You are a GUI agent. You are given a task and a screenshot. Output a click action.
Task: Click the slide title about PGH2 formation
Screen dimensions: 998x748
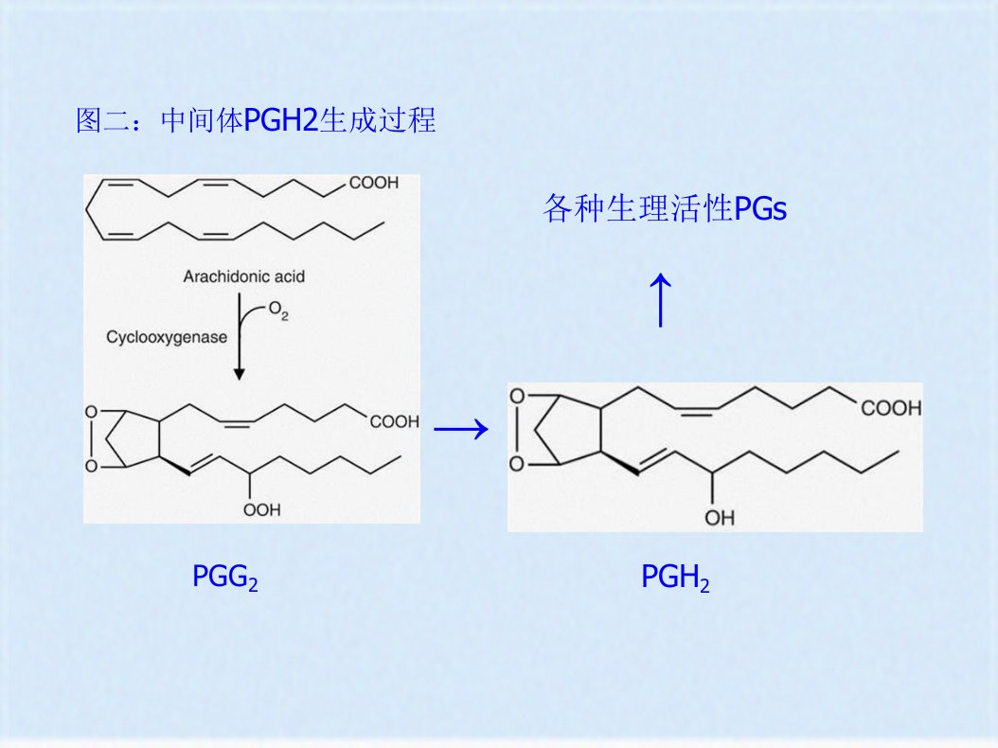point(256,119)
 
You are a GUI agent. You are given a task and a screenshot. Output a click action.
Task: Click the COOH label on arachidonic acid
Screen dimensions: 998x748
point(374,183)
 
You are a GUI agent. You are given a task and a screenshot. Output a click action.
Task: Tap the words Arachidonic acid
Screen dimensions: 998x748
point(243,276)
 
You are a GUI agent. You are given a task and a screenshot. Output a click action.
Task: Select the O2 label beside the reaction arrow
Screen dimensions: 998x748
point(278,310)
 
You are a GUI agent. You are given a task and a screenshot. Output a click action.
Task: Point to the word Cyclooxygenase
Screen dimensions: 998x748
point(167,337)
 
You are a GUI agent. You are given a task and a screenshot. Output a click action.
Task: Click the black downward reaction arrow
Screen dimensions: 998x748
point(240,336)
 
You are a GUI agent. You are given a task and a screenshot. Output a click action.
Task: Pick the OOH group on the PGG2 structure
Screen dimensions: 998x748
point(261,509)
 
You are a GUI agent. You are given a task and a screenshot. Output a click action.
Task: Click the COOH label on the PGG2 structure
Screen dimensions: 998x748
point(395,421)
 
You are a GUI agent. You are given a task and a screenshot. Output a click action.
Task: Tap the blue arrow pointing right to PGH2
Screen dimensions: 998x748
point(461,429)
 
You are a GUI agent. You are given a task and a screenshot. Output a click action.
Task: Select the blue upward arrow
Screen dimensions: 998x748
point(661,300)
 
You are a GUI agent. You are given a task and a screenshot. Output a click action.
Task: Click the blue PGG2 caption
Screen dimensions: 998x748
point(224,577)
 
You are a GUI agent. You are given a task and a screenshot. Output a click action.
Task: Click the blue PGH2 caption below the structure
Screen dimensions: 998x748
point(675,578)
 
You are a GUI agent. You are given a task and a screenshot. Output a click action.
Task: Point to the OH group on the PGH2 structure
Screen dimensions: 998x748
point(720,518)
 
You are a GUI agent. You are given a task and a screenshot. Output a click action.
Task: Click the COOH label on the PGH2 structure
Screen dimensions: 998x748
point(891,407)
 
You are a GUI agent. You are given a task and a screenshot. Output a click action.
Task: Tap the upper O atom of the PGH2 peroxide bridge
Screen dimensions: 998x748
point(517,397)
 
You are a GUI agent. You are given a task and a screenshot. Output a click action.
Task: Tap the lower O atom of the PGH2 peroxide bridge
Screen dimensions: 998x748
point(517,463)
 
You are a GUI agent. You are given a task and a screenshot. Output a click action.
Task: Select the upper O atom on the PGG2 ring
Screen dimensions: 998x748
point(92,413)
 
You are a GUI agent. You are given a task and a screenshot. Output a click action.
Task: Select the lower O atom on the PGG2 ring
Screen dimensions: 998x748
point(92,467)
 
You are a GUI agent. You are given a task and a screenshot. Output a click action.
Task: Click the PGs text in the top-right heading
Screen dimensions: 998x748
point(760,209)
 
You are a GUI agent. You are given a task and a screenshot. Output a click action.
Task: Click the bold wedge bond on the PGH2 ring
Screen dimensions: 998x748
point(620,462)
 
